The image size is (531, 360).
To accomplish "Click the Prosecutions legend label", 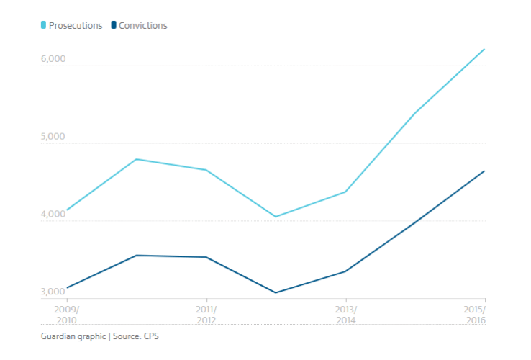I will [76, 26].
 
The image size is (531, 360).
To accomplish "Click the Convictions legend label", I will [143, 26].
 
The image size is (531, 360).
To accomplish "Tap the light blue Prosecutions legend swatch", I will [44, 26].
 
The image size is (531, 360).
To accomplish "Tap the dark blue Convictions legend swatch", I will [114, 26].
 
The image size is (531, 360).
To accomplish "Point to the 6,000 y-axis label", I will [53, 60].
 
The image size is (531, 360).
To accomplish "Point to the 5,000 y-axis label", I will [53, 138].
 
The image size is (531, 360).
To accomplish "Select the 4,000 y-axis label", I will [53, 215].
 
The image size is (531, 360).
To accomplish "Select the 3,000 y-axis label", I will [53, 292].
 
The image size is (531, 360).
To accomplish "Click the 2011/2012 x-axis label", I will [206, 314].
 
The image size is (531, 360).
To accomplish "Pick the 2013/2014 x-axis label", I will [346, 314].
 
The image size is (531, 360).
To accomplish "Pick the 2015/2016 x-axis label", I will [474, 314].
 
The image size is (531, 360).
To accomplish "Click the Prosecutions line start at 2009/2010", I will [66, 210].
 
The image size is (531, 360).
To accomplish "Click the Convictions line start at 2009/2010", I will [66, 288].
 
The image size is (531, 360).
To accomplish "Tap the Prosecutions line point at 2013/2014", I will [346, 192].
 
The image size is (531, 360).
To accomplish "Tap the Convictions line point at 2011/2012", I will [206, 257].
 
